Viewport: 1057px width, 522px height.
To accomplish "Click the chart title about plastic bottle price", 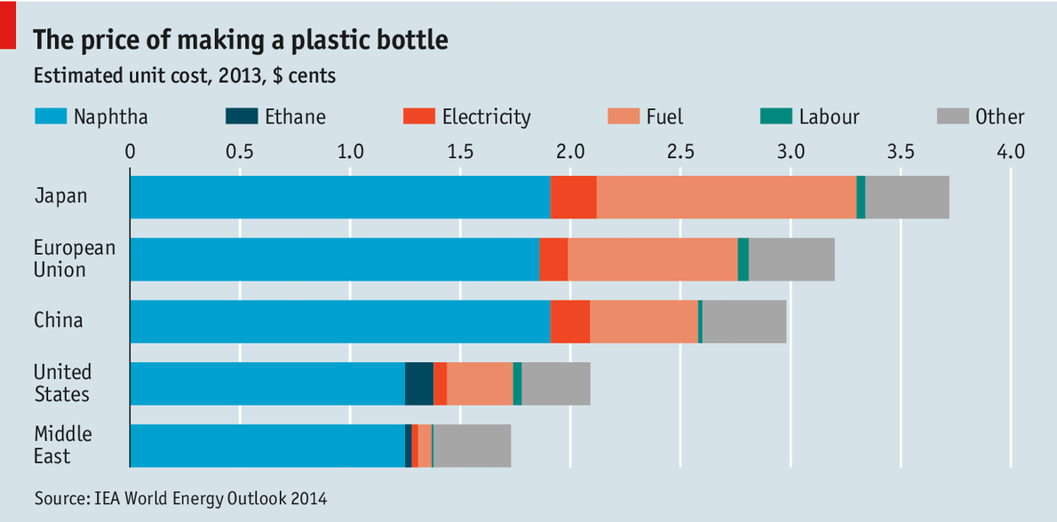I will [x=240, y=40].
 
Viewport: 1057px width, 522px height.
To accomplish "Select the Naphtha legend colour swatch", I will [x=49, y=116].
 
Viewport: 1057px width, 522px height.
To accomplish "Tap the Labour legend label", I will [x=828, y=116].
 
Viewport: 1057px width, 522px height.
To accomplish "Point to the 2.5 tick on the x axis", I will [x=680, y=151].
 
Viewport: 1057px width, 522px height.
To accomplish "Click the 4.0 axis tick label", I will [x=1010, y=151].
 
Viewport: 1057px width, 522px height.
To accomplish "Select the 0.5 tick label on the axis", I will [x=240, y=151].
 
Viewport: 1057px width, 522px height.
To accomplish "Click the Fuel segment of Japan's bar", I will [x=726, y=197].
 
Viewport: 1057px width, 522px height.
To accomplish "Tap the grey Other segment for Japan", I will [x=907, y=197].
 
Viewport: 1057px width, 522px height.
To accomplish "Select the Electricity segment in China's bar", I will [x=569, y=321].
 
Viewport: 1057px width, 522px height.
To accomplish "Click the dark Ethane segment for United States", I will [x=418, y=384].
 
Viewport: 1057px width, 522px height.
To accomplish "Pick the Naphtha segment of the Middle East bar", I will [x=266, y=446].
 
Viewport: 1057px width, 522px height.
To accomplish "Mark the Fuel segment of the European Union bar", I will [x=652, y=259].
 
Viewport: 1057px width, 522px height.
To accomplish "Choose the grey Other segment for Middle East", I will [x=472, y=446].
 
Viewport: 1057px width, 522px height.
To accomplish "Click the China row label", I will [x=59, y=320].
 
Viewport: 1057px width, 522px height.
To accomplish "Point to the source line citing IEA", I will [x=180, y=499].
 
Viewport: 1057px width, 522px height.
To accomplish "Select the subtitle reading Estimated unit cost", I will [x=185, y=76].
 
